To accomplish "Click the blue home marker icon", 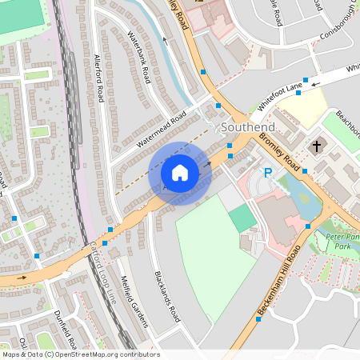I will coord(180,173).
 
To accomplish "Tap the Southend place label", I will coord(248,127).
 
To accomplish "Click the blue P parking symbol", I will coord(269,172).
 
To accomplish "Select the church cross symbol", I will coord(316,146).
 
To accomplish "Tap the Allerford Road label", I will coord(99,79).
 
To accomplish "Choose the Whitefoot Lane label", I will coord(281,95).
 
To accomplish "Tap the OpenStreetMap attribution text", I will coord(80,354).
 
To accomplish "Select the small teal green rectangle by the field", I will coord(242,218).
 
